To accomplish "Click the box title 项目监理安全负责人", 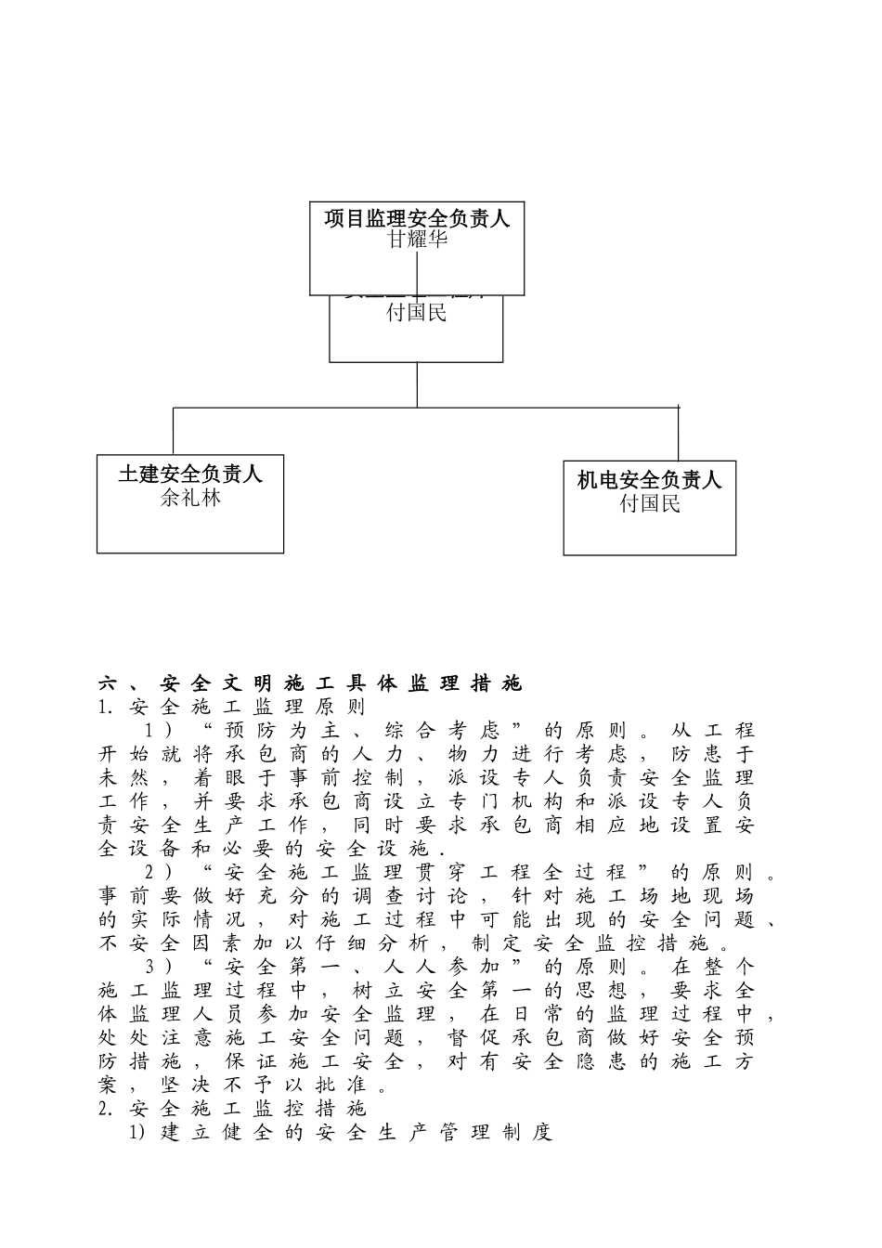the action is (417, 219).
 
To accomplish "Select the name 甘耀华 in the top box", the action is (417, 240).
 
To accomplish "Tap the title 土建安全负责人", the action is (190, 474).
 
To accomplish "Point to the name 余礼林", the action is (190, 498).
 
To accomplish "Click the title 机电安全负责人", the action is (650, 480).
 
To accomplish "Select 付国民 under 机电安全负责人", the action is (650, 504).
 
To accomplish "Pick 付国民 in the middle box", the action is (417, 313).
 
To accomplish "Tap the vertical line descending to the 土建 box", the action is (174, 430).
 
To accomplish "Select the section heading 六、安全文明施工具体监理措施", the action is (310, 684).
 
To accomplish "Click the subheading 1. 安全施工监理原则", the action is (232, 708).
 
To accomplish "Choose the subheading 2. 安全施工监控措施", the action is (232, 1108).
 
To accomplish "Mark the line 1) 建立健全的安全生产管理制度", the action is (340, 1132).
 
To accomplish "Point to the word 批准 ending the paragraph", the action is (340, 1085).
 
